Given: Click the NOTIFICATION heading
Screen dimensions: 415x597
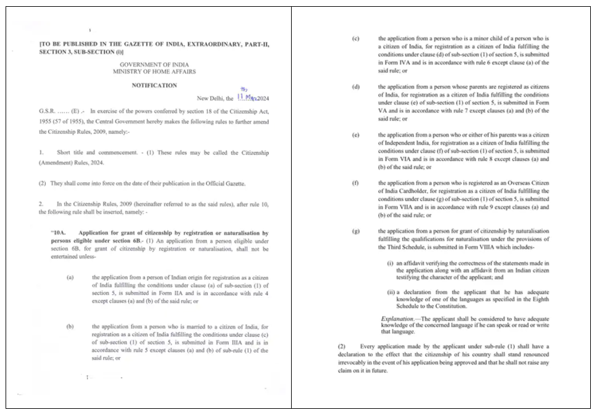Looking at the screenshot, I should pyautogui.click(x=154, y=85).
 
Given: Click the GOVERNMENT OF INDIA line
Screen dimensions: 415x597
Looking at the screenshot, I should pyautogui.click(x=154, y=64).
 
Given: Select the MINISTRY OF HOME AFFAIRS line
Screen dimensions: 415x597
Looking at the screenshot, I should pyautogui.click(x=154, y=72).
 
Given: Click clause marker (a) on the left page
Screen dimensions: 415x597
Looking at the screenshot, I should pyautogui.click(x=70, y=277).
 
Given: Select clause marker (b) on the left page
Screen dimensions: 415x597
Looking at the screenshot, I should pyautogui.click(x=70, y=326).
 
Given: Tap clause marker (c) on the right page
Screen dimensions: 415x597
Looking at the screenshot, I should pyautogui.click(x=356, y=38).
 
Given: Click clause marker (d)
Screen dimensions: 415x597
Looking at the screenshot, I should pyautogui.click(x=356, y=86).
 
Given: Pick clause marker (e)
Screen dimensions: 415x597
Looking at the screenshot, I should pyautogui.click(x=356, y=134).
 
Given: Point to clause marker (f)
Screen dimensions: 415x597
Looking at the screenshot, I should pyautogui.click(x=356, y=183).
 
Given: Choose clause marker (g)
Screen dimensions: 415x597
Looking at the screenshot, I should pyautogui.click(x=356, y=231).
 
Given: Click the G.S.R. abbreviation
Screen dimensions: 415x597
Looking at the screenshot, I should pyautogui.click(x=49, y=111).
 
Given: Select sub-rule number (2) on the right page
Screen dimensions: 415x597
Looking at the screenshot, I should pyautogui.click(x=342, y=346).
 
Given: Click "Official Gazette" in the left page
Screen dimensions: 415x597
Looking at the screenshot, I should pyautogui.click(x=224, y=183).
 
